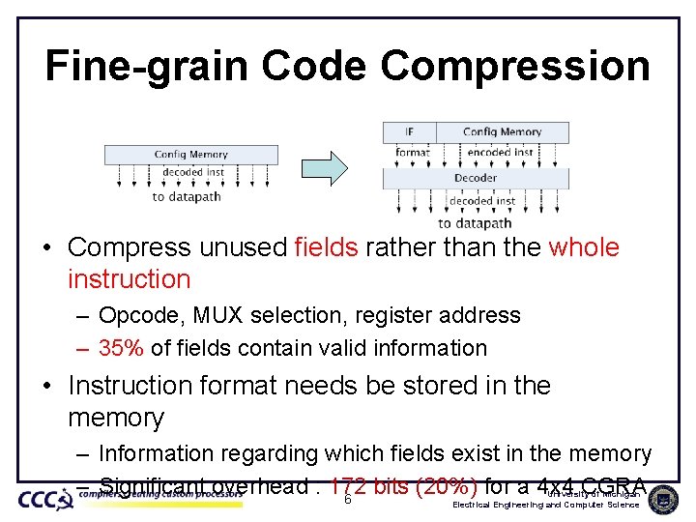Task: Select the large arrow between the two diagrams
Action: click(333, 167)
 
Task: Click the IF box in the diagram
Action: click(409, 131)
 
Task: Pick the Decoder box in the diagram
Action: click(476, 178)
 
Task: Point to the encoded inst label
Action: click(501, 152)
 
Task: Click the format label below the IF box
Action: click(413, 152)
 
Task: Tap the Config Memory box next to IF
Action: click(502, 131)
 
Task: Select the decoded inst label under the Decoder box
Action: click(475, 202)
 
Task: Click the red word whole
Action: click(583, 247)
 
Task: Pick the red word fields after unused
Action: click(326, 247)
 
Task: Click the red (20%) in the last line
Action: click(446, 486)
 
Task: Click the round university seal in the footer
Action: click(663, 499)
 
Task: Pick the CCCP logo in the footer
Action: click(45, 499)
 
